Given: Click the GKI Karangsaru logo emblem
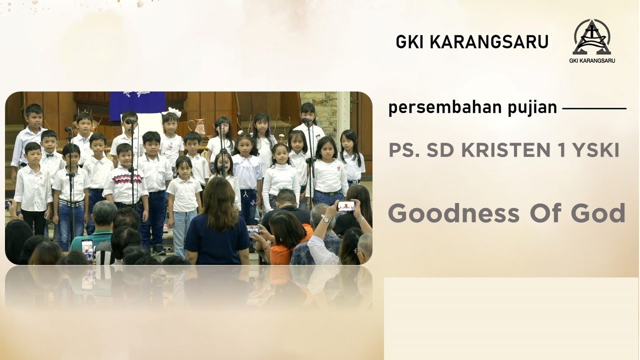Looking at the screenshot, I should (x=592, y=37).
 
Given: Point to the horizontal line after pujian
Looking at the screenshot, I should (x=594, y=108).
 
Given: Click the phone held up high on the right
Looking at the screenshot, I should (x=345, y=205).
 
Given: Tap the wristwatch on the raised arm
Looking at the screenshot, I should (x=326, y=218).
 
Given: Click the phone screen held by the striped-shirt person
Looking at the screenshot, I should (x=87, y=248).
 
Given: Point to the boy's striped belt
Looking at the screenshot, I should (x=71, y=203).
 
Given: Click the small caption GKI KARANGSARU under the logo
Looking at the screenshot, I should (x=592, y=61).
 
